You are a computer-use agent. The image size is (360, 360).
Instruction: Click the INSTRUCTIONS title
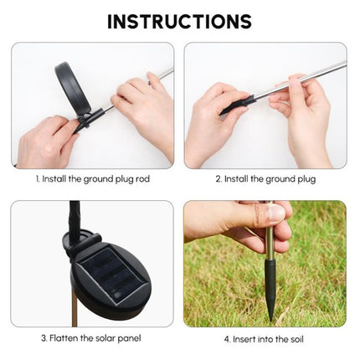(180, 22)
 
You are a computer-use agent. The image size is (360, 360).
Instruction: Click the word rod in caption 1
(142, 178)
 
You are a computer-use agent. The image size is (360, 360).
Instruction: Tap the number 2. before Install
(219, 179)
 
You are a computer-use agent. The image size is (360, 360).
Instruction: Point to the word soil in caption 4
(296, 339)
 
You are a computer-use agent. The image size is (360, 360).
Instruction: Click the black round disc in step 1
(73, 90)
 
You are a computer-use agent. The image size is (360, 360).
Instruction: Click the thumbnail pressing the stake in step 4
(278, 213)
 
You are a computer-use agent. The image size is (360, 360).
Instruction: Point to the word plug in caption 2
(306, 179)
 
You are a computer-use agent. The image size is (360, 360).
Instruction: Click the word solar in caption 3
(105, 338)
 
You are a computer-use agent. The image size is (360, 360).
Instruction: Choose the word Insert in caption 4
(244, 339)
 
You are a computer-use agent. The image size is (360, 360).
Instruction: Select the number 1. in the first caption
(38, 178)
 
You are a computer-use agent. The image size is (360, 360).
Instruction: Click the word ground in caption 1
(98, 179)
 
